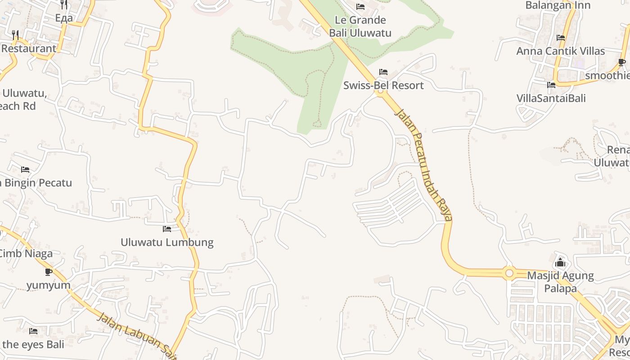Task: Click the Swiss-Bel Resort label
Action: point(383,85)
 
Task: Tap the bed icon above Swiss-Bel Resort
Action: point(383,72)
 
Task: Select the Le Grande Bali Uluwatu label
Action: point(360,26)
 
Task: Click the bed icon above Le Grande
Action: point(360,7)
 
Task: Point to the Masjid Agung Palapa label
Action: point(560,282)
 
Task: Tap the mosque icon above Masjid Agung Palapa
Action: point(560,262)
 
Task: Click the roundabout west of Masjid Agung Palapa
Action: point(509,273)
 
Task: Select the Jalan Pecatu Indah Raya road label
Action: point(423,164)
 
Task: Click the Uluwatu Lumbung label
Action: point(167,242)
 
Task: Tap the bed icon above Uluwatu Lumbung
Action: point(167,229)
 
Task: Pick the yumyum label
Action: point(49,285)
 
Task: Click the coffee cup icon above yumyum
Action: point(49,272)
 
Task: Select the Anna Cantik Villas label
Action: point(560,51)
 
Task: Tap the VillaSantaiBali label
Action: point(551,98)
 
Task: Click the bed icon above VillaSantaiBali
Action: point(551,85)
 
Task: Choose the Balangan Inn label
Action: point(558,5)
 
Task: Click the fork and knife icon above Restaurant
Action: point(15,35)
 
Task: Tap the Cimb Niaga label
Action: point(25,253)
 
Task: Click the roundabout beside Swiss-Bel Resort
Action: point(381,91)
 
